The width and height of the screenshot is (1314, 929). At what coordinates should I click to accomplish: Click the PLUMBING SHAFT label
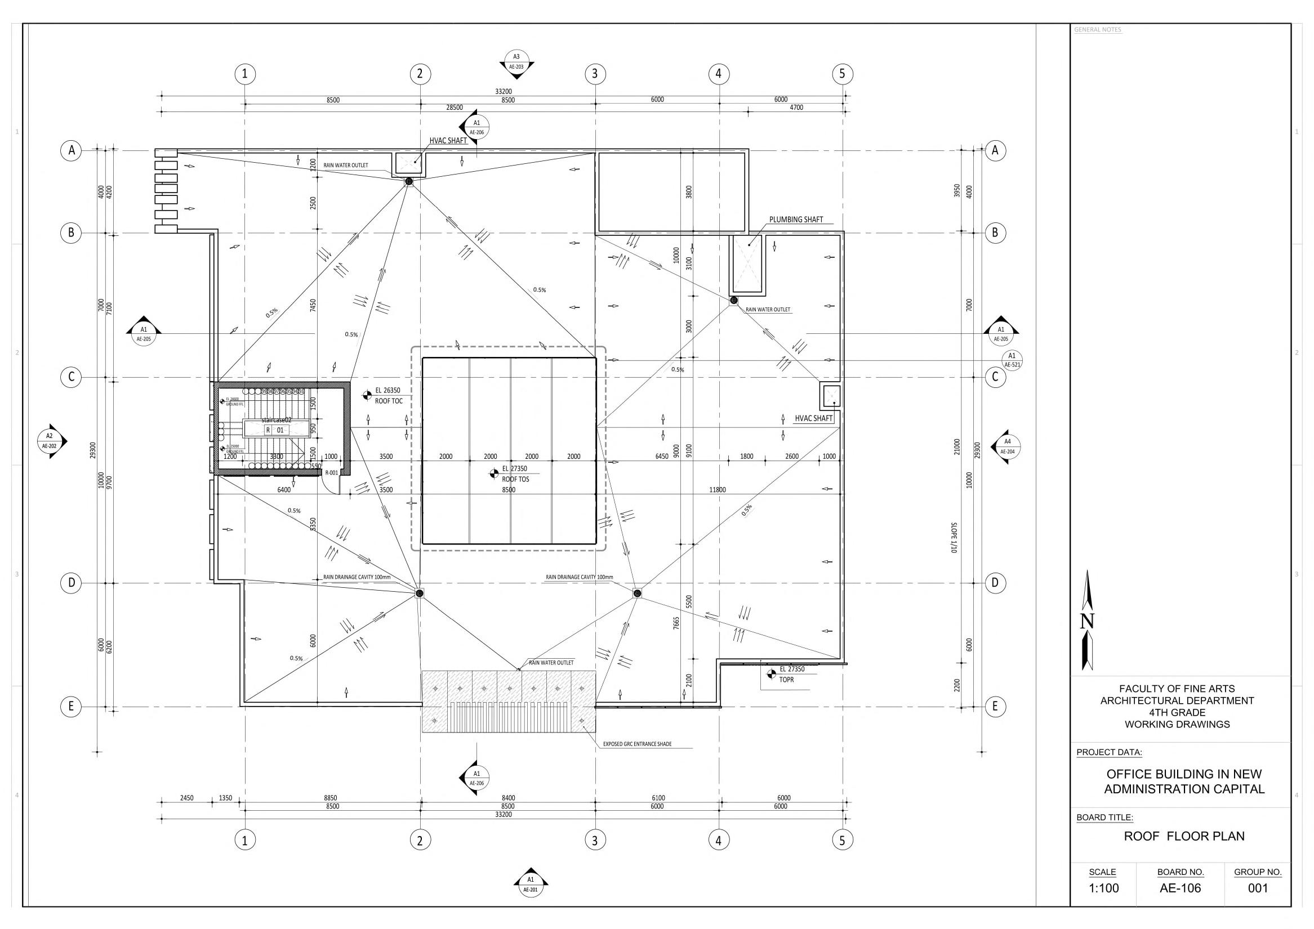pos(795,220)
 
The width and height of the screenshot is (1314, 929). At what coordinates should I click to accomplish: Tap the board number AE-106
pos(1180,888)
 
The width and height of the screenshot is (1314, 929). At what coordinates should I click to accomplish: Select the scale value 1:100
pos(1102,888)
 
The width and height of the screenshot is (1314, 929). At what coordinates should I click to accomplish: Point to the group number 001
pos(1257,888)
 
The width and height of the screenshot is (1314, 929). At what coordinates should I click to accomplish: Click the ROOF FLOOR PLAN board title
pos(1183,836)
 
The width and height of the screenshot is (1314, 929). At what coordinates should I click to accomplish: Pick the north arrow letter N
pos(1087,621)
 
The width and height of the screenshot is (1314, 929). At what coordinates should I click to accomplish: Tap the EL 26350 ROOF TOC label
pos(388,395)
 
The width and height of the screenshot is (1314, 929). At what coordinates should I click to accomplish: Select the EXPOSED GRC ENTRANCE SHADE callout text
pos(637,744)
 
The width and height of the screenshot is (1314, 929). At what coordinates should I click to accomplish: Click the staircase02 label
pos(277,420)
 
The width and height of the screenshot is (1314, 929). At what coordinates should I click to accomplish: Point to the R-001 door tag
pos(331,473)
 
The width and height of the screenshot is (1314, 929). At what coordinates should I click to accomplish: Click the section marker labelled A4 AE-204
pos(1007,446)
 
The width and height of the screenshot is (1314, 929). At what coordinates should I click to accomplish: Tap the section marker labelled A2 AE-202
pos(50,441)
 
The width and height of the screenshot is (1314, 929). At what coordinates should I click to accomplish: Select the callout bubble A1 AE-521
pos(1012,360)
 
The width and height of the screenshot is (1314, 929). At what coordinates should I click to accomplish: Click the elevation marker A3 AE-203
pos(516,61)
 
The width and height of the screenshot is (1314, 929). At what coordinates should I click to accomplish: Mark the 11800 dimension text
pos(717,490)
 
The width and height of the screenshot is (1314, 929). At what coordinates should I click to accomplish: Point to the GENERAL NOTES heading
pos(1098,30)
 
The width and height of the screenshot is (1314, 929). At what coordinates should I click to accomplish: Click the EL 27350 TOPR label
pos(791,674)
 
